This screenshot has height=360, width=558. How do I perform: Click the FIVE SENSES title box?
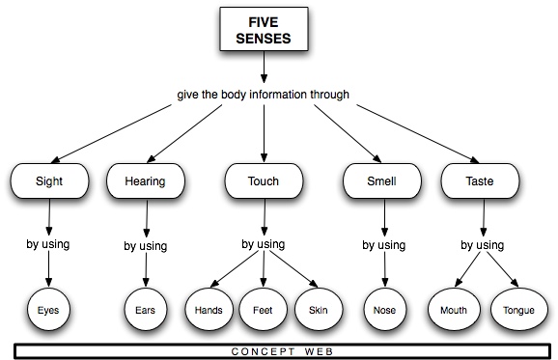coord(264,31)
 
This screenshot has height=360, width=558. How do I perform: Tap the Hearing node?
coord(146,180)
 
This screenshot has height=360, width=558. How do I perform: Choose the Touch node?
coord(264,180)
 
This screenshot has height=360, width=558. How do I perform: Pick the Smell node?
coord(383,180)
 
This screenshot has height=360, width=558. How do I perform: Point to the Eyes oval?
coord(47,311)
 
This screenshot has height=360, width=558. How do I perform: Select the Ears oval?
coord(146,311)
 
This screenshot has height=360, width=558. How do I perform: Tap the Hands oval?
coord(209,311)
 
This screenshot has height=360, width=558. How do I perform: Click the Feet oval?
coord(264,311)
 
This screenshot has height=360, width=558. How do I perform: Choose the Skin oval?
coord(319,311)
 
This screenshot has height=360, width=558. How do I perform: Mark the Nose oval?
coord(383,311)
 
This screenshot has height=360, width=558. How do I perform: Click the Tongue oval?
coord(513,311)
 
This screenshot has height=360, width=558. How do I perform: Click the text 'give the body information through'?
coord(263,95)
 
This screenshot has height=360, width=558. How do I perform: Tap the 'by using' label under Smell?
coord(383,245)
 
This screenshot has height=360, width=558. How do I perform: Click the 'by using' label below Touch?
coord(263,244)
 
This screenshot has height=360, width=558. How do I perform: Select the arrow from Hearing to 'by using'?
coord(146,217)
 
